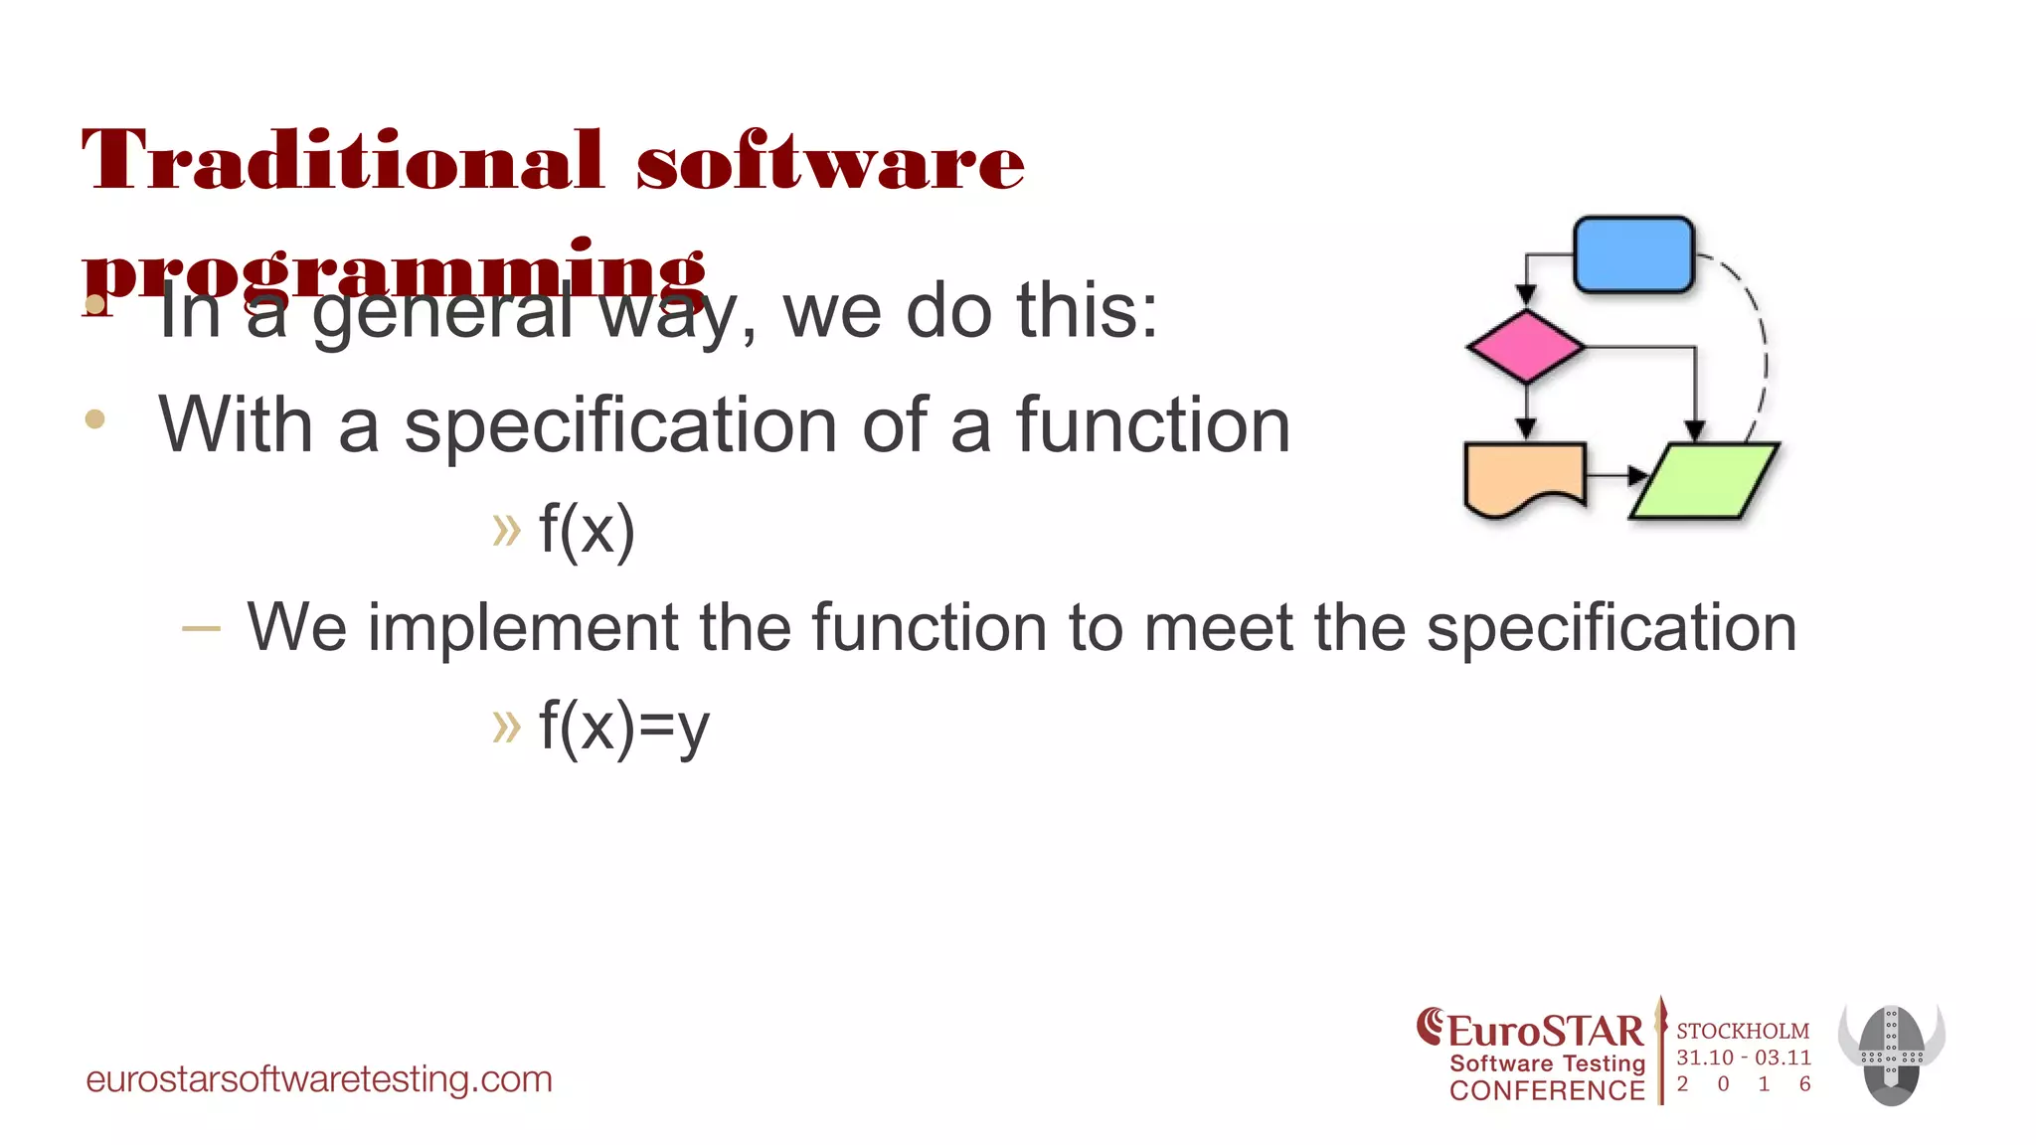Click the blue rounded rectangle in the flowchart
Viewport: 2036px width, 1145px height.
(x=1633, y=254)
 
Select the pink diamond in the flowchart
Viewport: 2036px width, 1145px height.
(x=1526, y=347)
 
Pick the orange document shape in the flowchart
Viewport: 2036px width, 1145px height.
(x=1523, y=477)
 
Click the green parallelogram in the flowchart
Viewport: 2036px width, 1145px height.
(x=1704, y=481)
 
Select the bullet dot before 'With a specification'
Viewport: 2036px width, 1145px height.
(x=95, y=419)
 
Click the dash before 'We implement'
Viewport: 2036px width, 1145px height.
(x=201, y=628)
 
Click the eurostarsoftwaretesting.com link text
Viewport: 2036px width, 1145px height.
(x=319, y=1079)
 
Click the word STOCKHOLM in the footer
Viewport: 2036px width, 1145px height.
(x=1743, y=1032)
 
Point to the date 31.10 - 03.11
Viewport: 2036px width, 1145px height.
(x=1744, y=1058)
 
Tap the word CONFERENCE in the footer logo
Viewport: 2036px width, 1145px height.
(x=1547, y=1091)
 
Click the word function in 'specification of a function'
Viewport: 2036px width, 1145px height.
(x=1152, y=425)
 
